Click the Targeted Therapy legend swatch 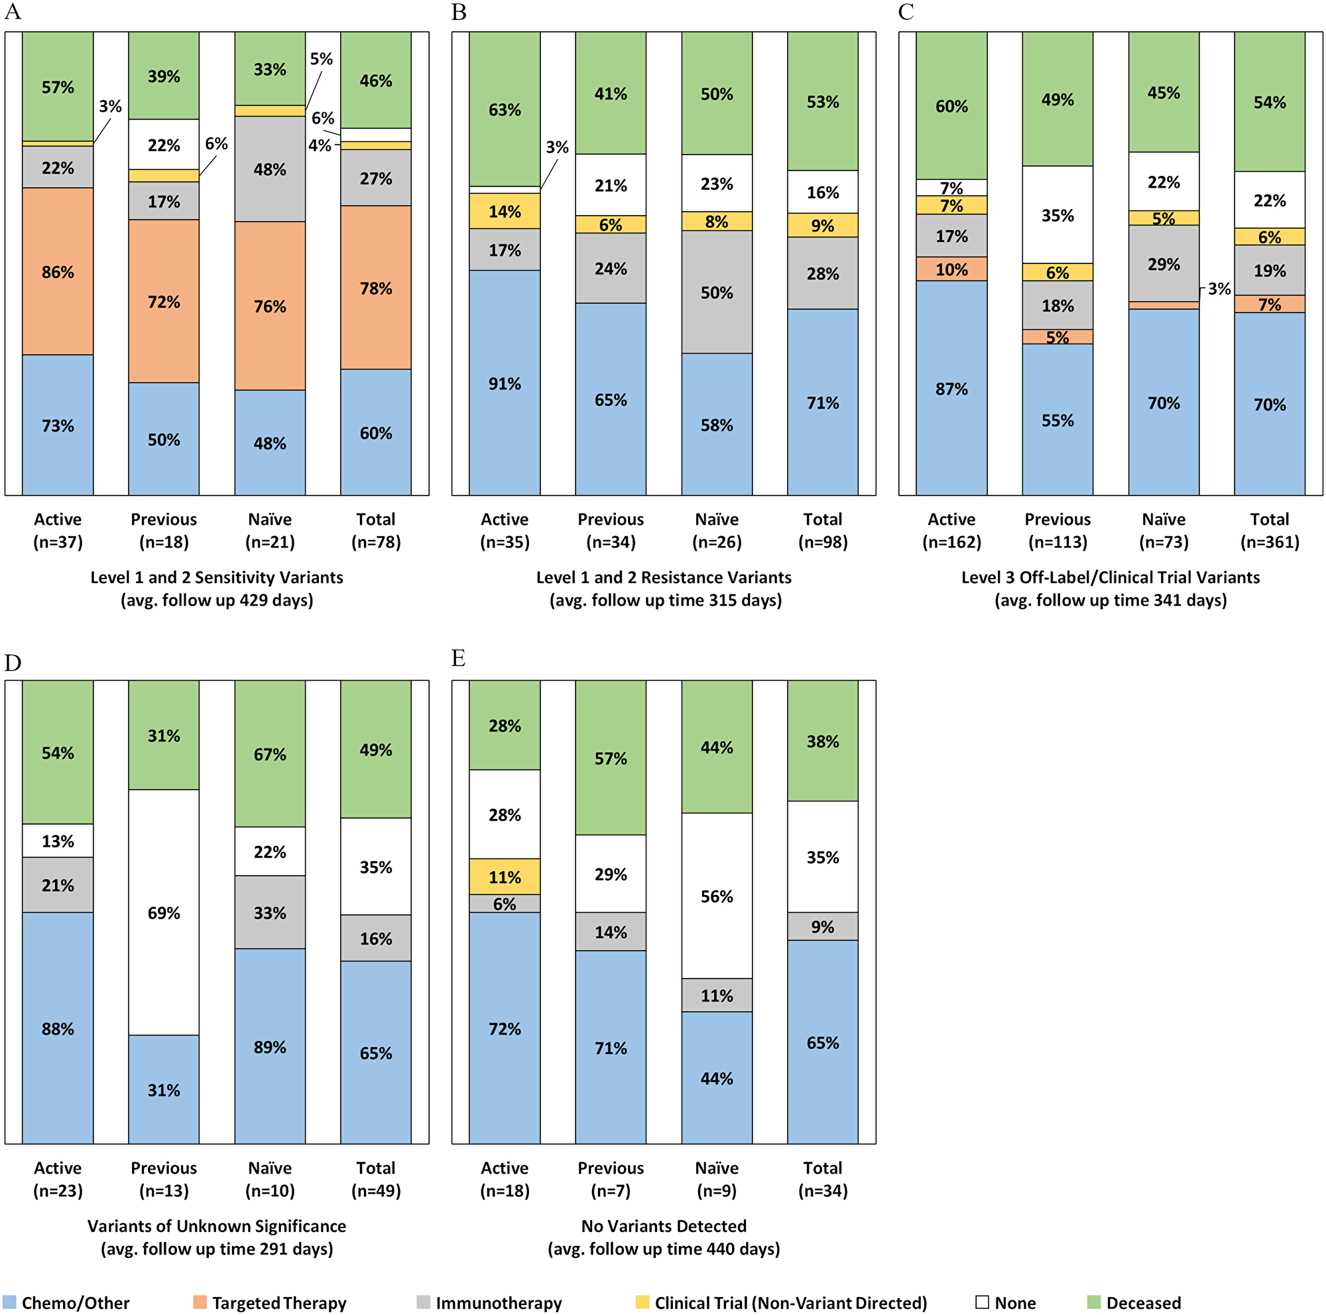click(200, 1302)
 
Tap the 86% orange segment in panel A click(58, 272)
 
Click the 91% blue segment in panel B click(505, 383)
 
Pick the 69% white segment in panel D click(163, 912)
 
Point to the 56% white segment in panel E click(717, 896)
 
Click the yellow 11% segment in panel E click(505, 877)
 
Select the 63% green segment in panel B click(505, 109)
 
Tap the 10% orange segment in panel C click(951, 269)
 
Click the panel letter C click(905, 13)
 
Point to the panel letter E click(459, 659)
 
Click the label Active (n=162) click(951, 530)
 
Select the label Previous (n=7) click(610, 1179)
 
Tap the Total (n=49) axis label click(375, 1179)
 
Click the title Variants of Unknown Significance click(217, 1225)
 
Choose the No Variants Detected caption click(664, 1225)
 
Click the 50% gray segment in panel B click(717, 293)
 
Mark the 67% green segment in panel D click(270, 754)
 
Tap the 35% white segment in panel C click(1057, 215)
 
